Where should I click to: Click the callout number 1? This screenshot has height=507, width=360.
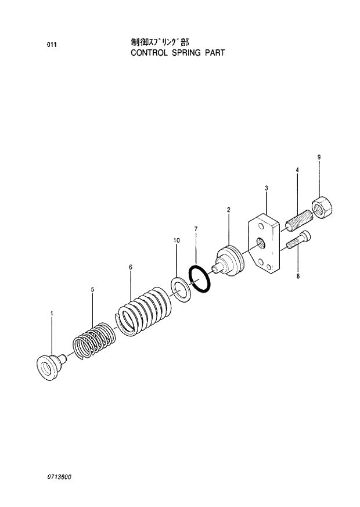pyautogui.click(x=52, y=314)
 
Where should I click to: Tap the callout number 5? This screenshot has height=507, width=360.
pyautogui.click(x=92, y=289)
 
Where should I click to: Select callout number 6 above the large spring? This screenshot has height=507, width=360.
pyautogui.click(x=130, y=267)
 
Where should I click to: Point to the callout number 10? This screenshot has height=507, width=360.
pyautogui.click(x=177, y=240)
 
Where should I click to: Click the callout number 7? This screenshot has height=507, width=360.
pyautogui.click(x=196, y=229)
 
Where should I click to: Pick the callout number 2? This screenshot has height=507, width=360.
pyautogui.click(x=228, y=209)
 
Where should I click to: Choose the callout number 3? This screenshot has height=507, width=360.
pyautogui.click(x=266, y=188)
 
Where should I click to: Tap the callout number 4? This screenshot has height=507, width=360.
pyautogui.click(x=297, y=170)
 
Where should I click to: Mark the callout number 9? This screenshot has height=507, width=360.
pyautogui.click(x=319, y=157)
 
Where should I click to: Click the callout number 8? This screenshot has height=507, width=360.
pyautogui.click(x=298, y=276)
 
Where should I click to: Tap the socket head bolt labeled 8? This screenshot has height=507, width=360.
pyautogui.click(x=298, y=239)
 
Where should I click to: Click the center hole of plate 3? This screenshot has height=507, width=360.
pyautogui.click(x=260, y=242)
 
